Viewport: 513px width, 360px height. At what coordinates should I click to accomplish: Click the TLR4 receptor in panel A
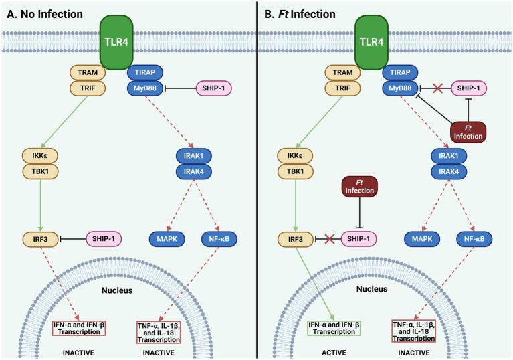pos(118,39)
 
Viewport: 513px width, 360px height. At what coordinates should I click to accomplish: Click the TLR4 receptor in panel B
pos(374,39)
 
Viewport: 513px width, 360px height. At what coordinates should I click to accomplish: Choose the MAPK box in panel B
pos(422,238)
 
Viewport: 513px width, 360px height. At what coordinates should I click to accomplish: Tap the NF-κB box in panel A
pos(217,238)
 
